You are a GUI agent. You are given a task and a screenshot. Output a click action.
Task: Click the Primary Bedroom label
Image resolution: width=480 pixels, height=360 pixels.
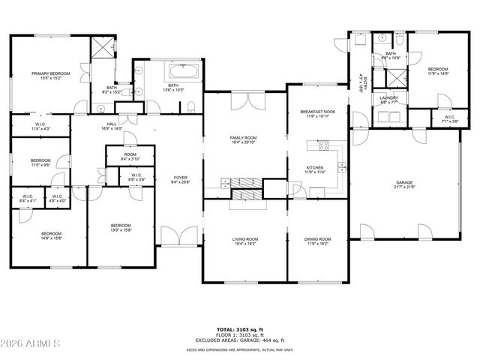click(x=50, y=75)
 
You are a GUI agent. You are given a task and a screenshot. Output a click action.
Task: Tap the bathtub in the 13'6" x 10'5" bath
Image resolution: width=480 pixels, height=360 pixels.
click(x=184, y=73)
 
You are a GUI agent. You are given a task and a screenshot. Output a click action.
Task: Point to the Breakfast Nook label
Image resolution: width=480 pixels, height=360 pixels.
click(x=317, y=114)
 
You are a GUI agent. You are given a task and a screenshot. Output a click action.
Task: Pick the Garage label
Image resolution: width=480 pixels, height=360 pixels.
click(x=405, y=184)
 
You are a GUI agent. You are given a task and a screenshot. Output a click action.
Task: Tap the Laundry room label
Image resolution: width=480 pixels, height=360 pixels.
click(x=388, y=100)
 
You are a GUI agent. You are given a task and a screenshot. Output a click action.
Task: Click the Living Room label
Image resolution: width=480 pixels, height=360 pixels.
click(x=244, y=241)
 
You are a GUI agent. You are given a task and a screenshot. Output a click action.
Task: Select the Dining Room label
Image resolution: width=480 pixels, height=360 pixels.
click(x=317, y=241)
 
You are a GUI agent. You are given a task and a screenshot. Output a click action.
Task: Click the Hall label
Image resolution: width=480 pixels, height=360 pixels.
click(x=111, y=127)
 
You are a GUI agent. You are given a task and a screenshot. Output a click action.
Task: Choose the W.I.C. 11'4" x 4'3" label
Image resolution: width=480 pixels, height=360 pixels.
click(x=40, y=127)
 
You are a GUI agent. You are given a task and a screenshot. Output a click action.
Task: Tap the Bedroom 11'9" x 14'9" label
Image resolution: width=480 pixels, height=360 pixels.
click(x=437, y=70)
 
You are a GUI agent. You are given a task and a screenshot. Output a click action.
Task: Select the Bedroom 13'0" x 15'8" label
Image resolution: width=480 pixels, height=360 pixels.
click(x=121, y=228)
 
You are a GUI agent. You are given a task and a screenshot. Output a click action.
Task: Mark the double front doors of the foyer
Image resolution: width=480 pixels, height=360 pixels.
click(x=181, y=238)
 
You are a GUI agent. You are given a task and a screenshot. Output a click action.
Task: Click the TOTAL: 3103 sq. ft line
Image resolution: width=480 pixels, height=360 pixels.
click(x=239, y=329)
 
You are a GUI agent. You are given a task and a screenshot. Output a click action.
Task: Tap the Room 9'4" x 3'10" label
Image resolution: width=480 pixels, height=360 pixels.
click(x=130, y=156)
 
